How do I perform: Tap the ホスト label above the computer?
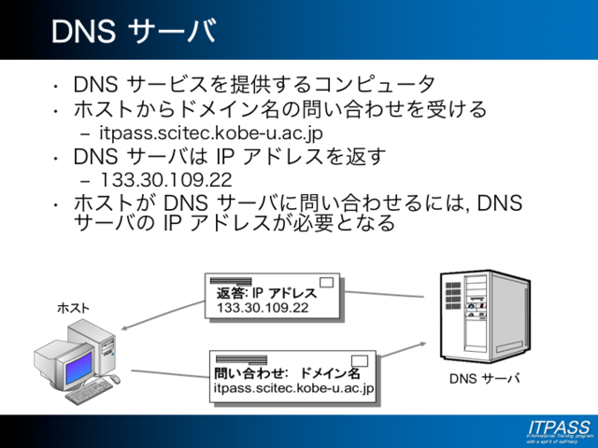coord(74,308)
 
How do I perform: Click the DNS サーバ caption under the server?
coord(484,380)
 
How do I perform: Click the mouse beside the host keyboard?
coord(116,381)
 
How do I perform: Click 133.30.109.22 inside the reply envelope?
coord(263,307)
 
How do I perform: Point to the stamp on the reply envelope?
coord(328,283)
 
